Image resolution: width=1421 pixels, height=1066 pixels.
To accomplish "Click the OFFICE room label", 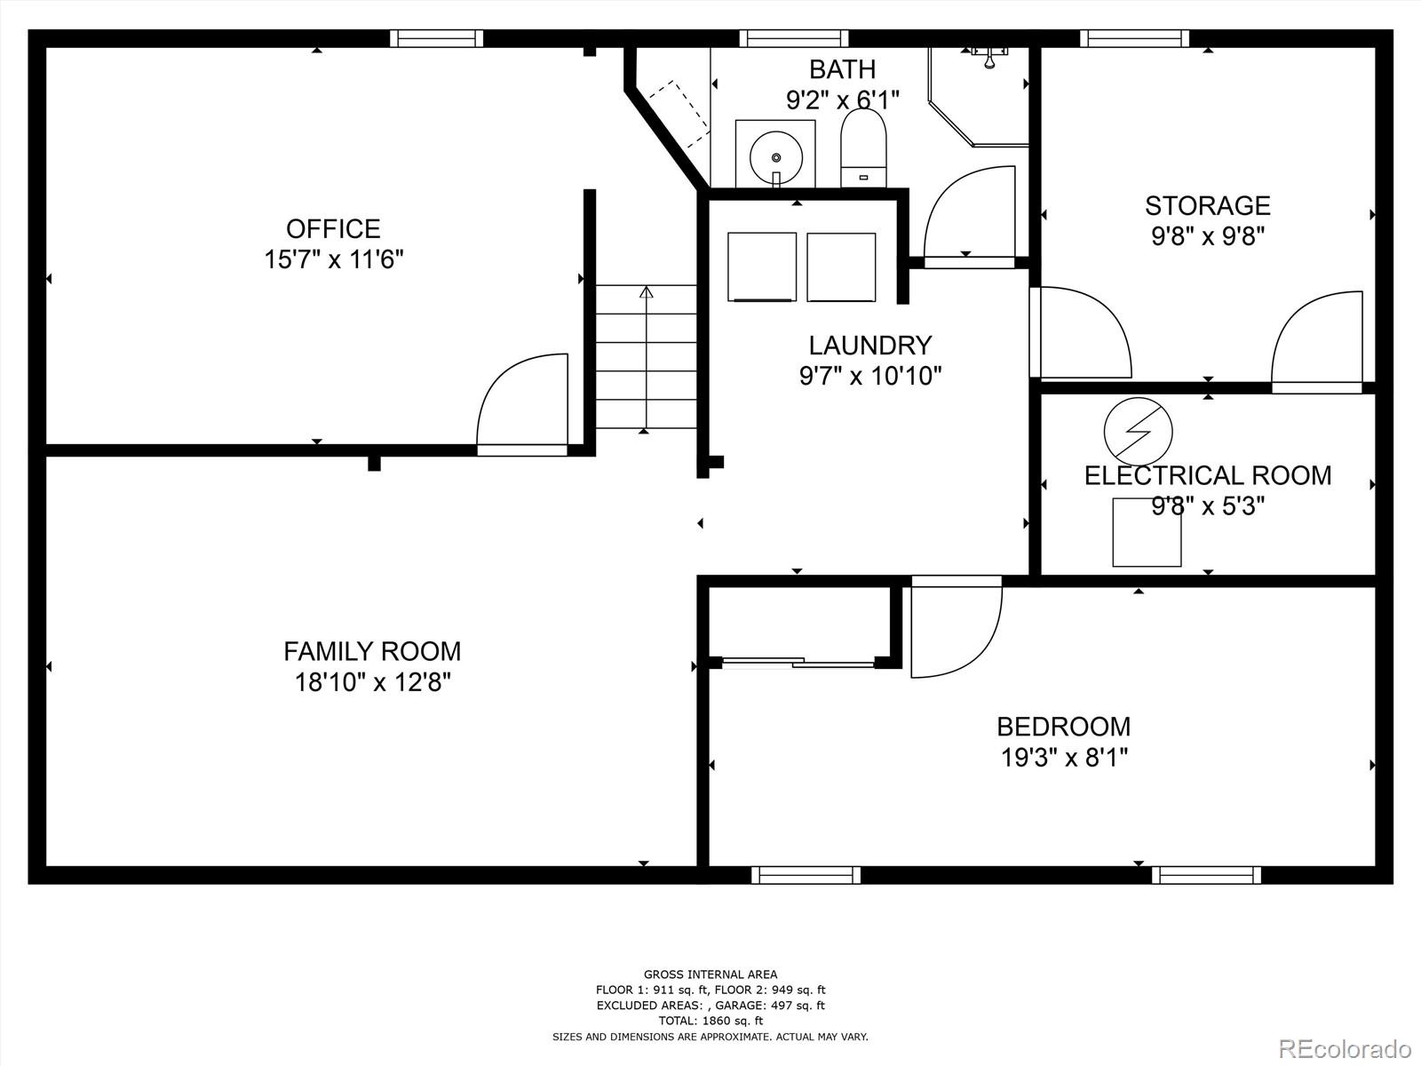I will [x=333, y=228].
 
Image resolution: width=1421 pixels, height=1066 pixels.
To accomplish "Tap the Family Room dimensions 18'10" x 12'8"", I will [x=373, y=683].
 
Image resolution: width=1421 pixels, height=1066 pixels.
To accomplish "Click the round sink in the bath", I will [x=775, y=156].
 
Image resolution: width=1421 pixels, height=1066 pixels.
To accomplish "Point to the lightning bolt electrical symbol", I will [x=1138, y=431].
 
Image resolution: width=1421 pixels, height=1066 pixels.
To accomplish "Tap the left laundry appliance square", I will [x=762, y=266].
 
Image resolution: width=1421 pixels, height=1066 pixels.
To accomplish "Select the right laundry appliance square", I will [x=841, y=266].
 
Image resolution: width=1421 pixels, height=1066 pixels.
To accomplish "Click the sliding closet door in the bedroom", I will [x=799, y=662].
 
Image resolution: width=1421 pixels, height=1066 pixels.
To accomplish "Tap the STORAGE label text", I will [x=1207, y=205].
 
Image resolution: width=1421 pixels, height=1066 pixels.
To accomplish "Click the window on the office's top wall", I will [x=436, y=38].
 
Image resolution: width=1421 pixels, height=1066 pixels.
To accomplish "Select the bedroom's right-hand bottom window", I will [x=1205, y=875].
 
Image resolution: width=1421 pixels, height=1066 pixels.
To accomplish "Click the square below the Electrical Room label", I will [x=1147, y=532].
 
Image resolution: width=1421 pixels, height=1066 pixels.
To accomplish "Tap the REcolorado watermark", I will [x=1345, y=1047].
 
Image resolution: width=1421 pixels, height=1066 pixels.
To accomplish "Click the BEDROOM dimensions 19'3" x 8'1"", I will [x=1064, y=758].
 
